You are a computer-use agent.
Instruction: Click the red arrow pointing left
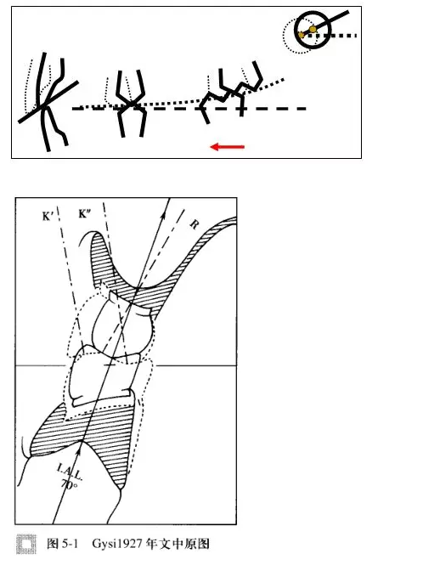228,147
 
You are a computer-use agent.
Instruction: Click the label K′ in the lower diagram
48,216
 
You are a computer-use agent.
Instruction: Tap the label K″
84,214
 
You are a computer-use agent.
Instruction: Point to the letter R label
194,225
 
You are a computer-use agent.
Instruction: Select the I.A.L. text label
70,472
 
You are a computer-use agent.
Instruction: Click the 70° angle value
69,484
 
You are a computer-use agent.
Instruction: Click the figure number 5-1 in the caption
70,544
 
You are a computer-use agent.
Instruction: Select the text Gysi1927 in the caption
117,544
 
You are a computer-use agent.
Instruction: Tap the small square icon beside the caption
26,544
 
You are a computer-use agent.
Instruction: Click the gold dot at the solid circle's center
313,29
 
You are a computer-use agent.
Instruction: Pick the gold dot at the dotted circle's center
302,35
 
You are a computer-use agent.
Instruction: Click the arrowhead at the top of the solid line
164,216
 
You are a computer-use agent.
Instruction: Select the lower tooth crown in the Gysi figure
104,377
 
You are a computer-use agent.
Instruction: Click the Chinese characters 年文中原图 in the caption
178,544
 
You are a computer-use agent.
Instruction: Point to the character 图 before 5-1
53,544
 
